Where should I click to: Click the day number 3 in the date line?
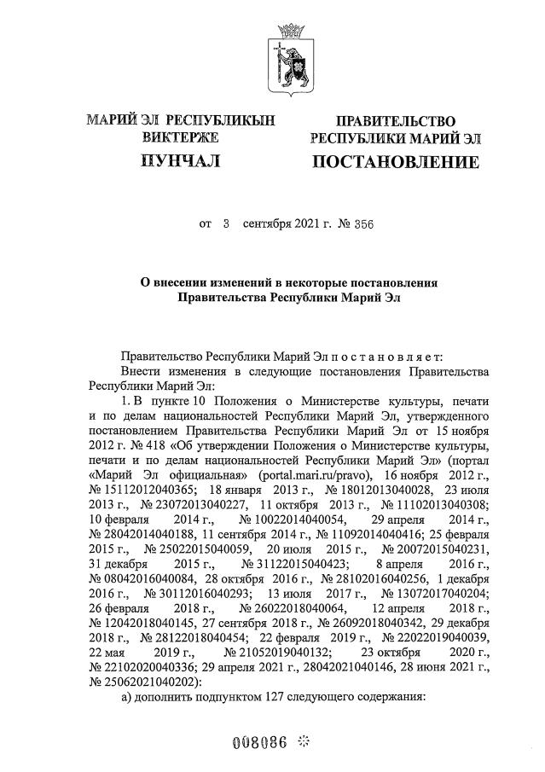click(x=226, y=224)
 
